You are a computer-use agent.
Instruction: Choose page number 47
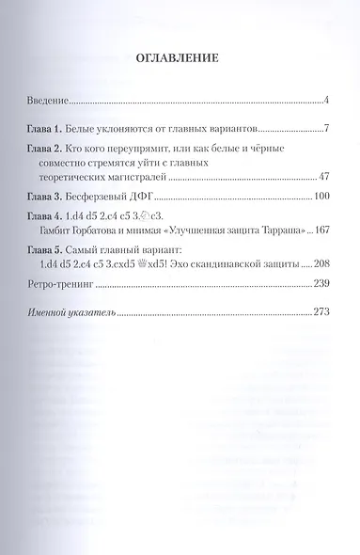[320, 176]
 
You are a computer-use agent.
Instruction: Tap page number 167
[317, 230]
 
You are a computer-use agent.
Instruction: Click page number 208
[317, 266]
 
